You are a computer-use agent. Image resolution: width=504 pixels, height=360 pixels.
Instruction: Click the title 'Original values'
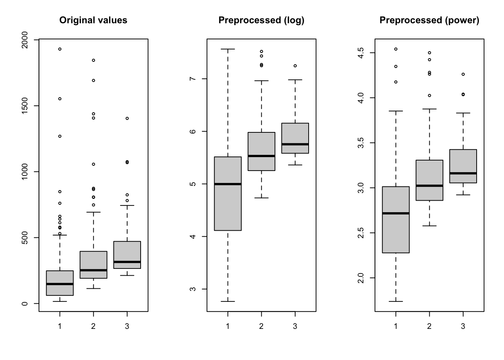tap(93, 20)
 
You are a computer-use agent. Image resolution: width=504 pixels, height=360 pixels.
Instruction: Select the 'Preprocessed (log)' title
tap(261, 20)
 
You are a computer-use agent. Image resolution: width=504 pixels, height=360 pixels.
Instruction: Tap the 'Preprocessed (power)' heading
tap(429, 20)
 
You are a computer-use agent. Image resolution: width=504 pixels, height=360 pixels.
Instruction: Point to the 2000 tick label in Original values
tap(25, 39)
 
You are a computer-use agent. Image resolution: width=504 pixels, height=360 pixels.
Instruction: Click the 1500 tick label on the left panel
tap(25, 106)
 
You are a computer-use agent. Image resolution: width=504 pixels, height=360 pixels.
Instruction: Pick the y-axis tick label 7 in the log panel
tap(193, 79)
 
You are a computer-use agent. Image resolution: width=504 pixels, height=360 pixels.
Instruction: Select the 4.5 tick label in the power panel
tap(361, 53)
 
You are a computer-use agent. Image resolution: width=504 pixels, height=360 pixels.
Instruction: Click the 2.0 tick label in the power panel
tap(361, 278)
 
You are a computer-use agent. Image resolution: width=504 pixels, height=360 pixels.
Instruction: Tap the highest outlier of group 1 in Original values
tap(60, 49)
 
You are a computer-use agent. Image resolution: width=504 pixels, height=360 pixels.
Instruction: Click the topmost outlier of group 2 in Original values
tap(93, 60)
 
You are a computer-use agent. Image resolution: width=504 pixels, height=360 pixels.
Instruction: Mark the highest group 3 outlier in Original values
tap(127, 118)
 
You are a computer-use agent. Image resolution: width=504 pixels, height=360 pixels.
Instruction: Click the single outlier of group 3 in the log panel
tap(295, 66)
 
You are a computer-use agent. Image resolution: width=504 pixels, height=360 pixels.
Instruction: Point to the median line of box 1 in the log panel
tap(228, 184)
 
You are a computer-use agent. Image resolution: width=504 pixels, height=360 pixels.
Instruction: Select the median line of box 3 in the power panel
tap(463, 173)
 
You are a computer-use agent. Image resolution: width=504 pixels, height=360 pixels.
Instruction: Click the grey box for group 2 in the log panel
tap(261, 144)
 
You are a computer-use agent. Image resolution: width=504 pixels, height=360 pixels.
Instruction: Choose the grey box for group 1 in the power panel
tap(396, 232)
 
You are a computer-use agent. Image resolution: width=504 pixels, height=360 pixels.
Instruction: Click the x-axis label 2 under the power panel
tap(429, 326)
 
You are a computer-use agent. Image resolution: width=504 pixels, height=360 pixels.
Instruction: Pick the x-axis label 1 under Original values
tap(60, 326)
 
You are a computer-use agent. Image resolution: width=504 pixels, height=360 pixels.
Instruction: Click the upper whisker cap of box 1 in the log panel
tap(228, 49)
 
